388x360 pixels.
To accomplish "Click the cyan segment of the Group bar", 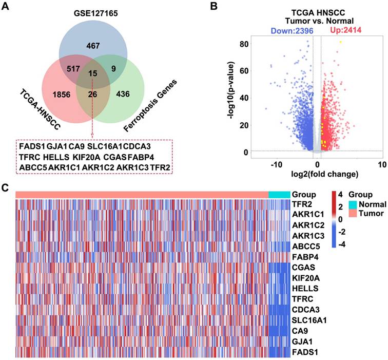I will coord(279,194).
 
